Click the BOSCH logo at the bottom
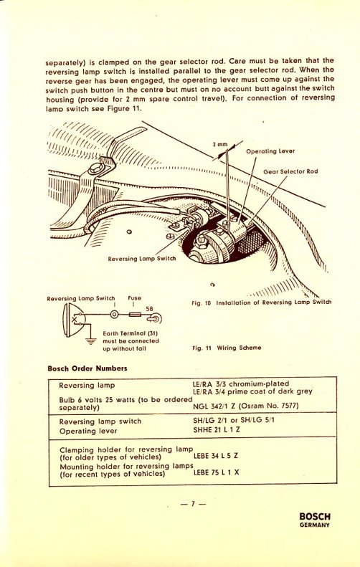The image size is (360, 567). pyautogui.click(x=314, y=515)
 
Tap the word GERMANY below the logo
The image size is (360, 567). pyautogui.click(x=314, y=525)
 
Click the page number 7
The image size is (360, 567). pyautogui.click(x=191, y=503)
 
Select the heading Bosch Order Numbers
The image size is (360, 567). pyautogui.click(x=87, y=368)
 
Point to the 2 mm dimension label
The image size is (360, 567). pyautogui.click(x=219, y=145)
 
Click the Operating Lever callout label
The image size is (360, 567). pyautogui.click(x=272, y=151)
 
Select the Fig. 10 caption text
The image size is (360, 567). pyautogui.click(x=262, y=302)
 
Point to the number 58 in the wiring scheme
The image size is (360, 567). pyautogui.click(x=150, y=309)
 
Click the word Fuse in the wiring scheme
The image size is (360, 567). pyautogui.click(x=135, y=297)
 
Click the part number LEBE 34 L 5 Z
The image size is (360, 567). pyautogui.click(x=219, y=456)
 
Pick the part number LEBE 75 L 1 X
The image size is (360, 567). pyautogui.click(x=219, y=473)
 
